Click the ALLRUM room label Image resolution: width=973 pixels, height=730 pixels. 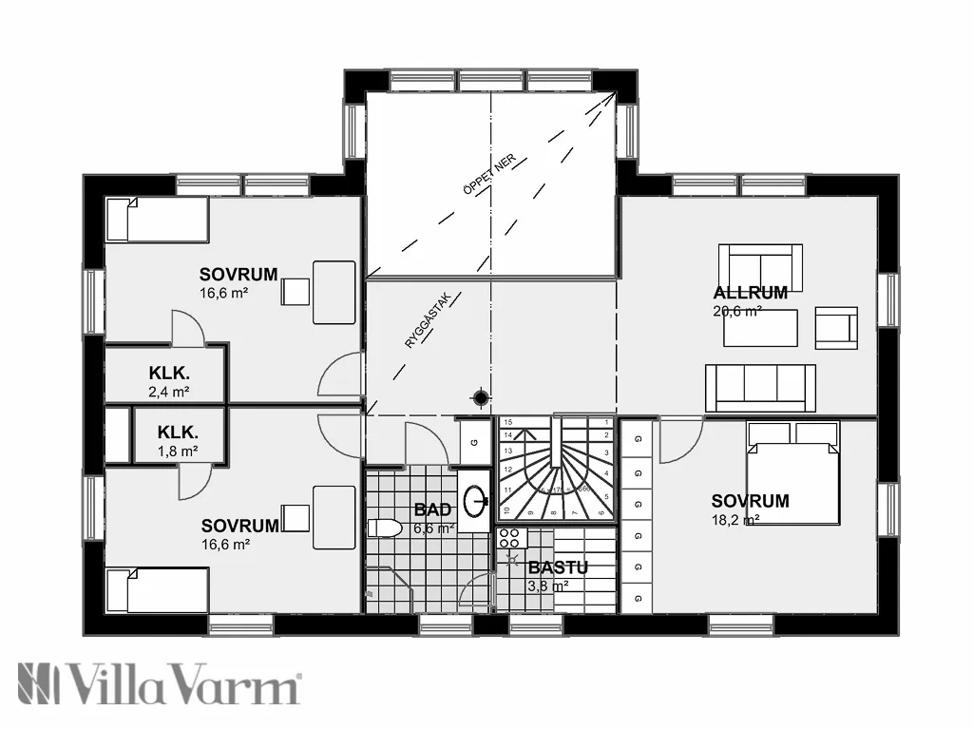[x=750, y=293]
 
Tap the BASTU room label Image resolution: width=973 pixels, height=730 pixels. [x=558, y=567]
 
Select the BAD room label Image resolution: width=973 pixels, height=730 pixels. [x=432, y=510]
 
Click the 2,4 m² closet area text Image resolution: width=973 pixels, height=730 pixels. [x=168, y=391]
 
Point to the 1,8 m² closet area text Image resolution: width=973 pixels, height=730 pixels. [x=178, y=451]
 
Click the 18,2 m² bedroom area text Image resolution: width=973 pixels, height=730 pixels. [x=735, y=520]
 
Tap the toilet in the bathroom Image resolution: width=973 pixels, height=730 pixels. [x=382, y=528]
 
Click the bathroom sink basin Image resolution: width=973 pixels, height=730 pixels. [x=478, y=497]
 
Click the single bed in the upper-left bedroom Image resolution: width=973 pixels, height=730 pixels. [x=156, y=220]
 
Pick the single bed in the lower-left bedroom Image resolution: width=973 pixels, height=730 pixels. [x=157, y=590]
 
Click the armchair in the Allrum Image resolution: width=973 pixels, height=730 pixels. [x=835, y=326]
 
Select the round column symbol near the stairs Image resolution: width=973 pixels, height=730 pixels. [x=481, y=396]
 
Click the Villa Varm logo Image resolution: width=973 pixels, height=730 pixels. [x=159, y=684]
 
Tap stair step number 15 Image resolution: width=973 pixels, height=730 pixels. [x=507, y=421]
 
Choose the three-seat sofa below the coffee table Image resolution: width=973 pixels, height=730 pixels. [x=760, y=388]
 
